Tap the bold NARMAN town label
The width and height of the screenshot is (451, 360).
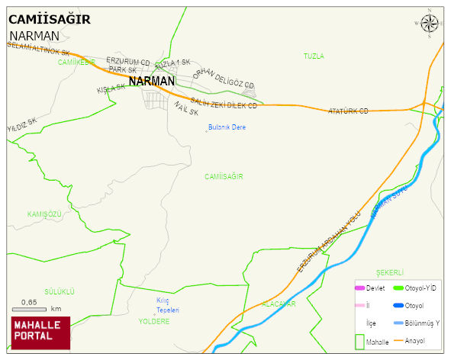click(152, 80)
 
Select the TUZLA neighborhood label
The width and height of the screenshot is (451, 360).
click(314, 56)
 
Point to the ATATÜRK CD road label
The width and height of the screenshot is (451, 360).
click(347, 111)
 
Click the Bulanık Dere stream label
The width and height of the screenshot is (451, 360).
click(227, 127)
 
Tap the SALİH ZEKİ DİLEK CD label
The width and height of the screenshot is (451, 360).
click(223, 103)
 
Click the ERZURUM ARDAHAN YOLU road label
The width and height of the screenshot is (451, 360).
click(327, 243)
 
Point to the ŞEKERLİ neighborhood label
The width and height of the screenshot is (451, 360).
click(389, 272)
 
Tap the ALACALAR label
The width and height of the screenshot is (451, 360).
click(278, 304)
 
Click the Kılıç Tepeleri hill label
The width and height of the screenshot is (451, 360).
click(167, 305)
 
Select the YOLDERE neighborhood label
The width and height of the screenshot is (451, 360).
click(154, 321)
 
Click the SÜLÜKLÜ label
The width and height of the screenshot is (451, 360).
click(59, 291)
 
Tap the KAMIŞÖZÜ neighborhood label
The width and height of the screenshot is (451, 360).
click(43, 214)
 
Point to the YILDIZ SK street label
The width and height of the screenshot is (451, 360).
click(22, 124)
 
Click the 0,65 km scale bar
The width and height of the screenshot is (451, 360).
click(31, 309)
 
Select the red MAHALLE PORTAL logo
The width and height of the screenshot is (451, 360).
click(40, 333)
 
